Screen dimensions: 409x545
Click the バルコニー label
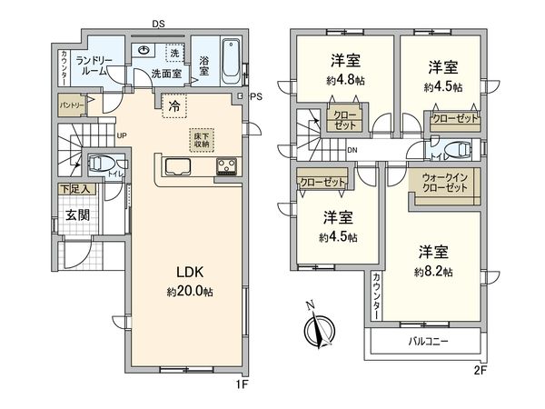coord(424,341)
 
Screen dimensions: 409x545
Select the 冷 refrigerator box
coord(173,105)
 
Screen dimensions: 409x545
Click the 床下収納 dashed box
coord(201,139)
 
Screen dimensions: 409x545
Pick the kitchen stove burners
coord(225,167)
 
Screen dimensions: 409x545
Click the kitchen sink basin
coord(177,166)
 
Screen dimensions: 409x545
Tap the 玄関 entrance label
coord(75,215)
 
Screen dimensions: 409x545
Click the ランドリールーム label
coord(95,65)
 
